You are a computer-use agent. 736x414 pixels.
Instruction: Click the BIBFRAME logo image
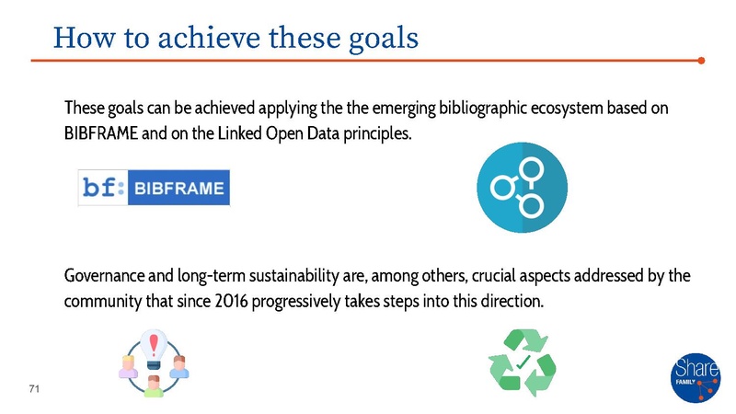coord(154,188)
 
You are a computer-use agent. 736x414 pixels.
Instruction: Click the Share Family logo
coord(696,377)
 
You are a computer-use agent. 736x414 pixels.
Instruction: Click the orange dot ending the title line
coord(701,62)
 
